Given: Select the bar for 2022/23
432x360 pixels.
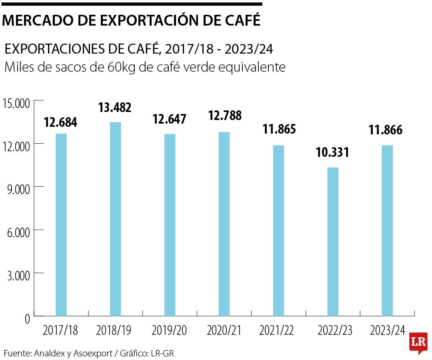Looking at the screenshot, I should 333,242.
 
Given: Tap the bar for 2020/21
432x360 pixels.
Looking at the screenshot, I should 224,224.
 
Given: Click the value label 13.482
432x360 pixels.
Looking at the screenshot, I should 115,108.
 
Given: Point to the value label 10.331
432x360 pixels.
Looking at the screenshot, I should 333,152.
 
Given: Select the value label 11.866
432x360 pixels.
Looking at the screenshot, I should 386,130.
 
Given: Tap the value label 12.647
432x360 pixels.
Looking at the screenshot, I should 170,119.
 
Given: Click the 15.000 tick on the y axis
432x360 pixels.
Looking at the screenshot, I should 16,104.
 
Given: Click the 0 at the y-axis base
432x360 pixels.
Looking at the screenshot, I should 27,319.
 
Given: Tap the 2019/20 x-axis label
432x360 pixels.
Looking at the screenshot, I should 169,331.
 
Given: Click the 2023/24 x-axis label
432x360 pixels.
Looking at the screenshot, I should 388,331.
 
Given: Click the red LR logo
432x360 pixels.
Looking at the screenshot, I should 418,342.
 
